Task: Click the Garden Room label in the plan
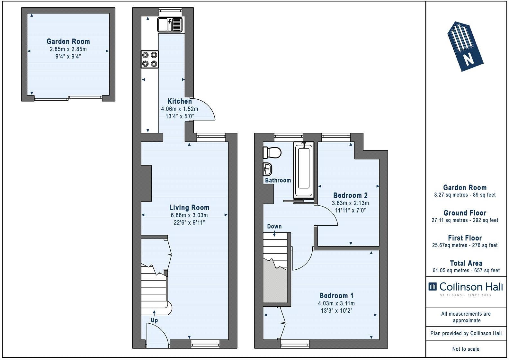(x=68, y=41)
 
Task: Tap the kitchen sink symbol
(x=170, y=25)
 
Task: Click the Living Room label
(x=189, y=208)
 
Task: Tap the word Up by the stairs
(x=154, y=320)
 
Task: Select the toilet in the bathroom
(x=272, y=152)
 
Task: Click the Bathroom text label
(x=278, y=180)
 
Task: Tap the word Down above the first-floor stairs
(x=274, y=226)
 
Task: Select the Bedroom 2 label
(x=350, y=195)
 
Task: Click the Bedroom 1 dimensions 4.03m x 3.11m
(x=336, y=303)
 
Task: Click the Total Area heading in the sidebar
(x=466, y=263)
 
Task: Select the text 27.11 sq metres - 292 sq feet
(x=465, y=220)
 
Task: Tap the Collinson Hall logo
(x=466, y=287)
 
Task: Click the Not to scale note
(x=466, y=349)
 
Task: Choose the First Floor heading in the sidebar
(x=465, y=238)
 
